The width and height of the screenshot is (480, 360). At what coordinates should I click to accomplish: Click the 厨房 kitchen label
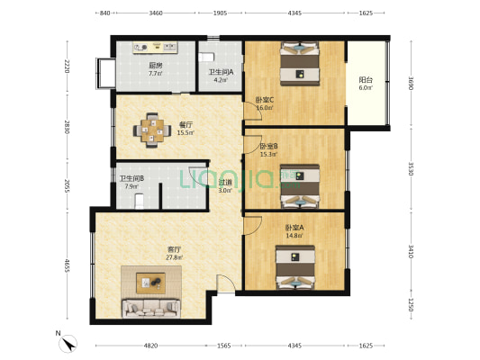tap(155, 65)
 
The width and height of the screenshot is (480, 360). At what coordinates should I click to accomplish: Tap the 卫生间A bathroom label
tap(221, 72)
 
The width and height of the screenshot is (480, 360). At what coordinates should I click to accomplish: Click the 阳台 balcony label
tap(365, 79)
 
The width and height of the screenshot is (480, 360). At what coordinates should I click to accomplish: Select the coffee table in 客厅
tap(153, 283)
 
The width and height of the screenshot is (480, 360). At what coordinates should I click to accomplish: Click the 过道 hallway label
tap(225, 183)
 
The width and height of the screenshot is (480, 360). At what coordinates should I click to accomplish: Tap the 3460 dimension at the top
tap(156, 14)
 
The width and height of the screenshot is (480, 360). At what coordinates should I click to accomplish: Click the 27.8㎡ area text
tap(174, 257)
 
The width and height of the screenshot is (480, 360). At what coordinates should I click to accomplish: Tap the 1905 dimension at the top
tap(221, 14)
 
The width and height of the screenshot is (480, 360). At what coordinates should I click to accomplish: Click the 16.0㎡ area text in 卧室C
tap(264, 107)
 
